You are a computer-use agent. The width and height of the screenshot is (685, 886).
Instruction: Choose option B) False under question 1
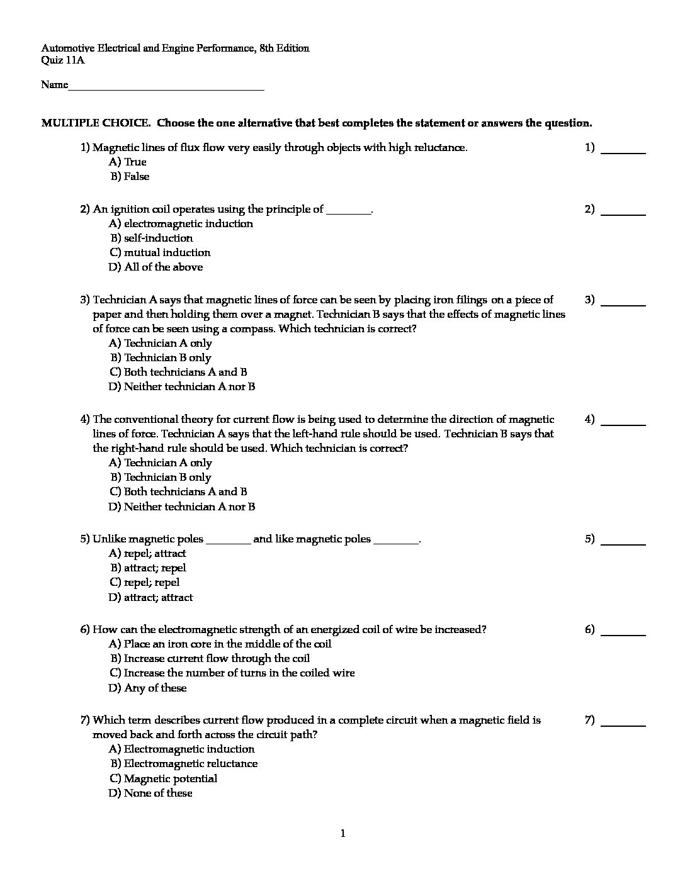[130, 177]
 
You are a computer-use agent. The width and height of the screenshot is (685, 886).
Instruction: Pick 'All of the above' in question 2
[156, 267]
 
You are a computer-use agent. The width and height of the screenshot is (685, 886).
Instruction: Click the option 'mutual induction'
[160, 252]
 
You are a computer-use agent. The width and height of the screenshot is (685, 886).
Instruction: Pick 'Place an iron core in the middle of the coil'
[220, 644]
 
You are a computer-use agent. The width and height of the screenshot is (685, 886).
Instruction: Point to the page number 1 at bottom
[342, 834]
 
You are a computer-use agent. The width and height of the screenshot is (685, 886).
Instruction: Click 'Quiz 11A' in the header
[62, 60]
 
